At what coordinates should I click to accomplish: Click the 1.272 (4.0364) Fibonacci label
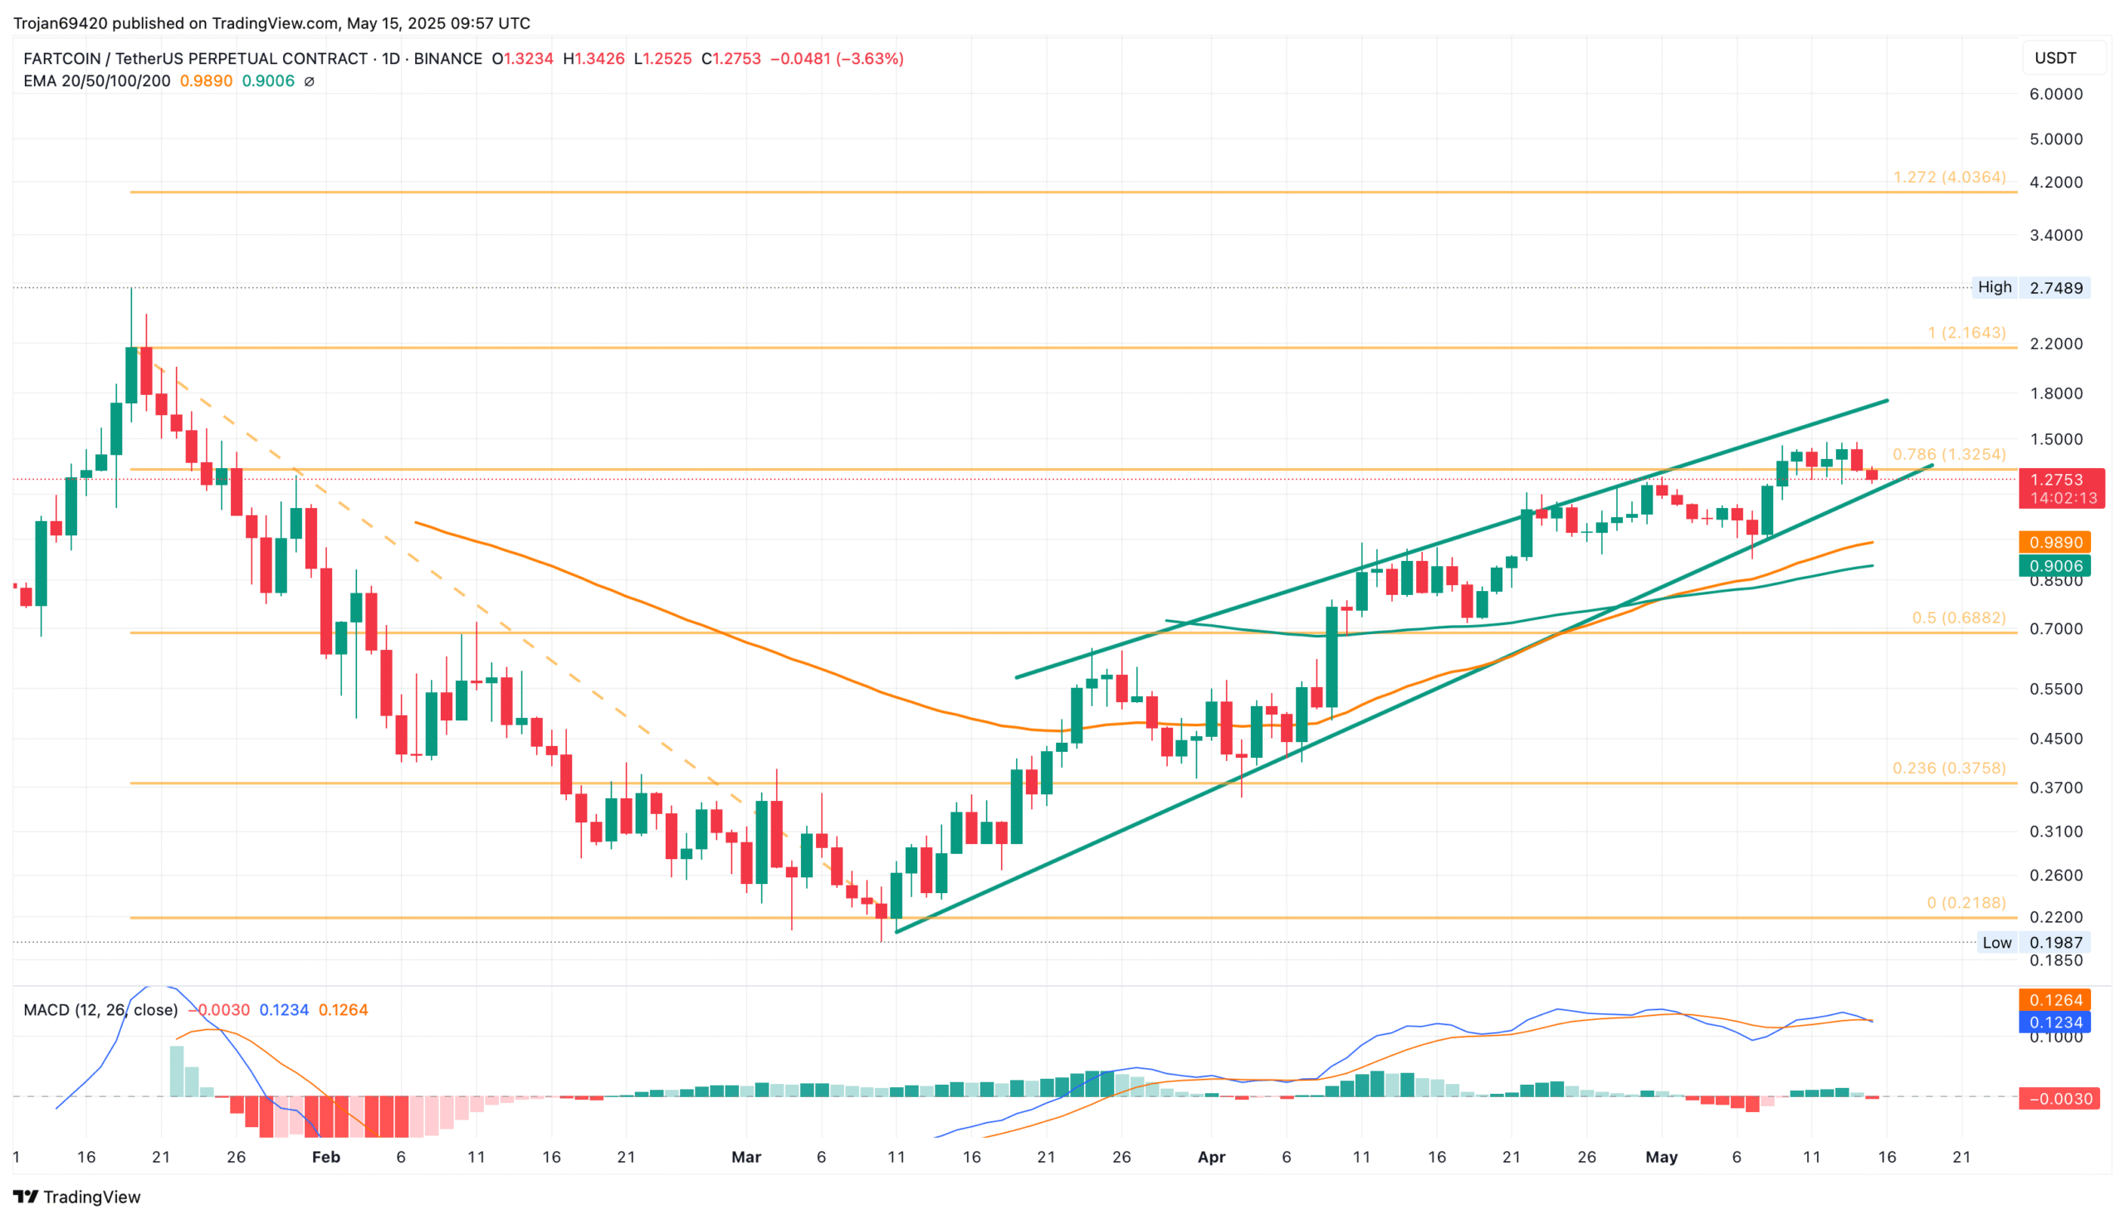pyautogui.click(x=1948, y=178)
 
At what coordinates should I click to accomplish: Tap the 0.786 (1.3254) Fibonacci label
pyautogui.click(x=1948, y=454)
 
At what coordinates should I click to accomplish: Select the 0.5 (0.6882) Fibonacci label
pyautogui.click(x=1958, y=617)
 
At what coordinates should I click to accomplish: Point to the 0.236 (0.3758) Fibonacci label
pyautogui.click(x=1948, y=769)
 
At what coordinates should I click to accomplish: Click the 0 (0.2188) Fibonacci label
pyautogui.click(x=1966, y=902)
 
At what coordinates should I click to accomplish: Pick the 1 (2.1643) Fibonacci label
pyautogui.click(x=1966, y=333)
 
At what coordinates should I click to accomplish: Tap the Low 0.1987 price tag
pyautogui.click(x=2035, y=943)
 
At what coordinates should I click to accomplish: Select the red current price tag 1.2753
pyautogui.click(x=2061, y=481)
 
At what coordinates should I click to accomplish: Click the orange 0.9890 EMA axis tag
pyautogui.click(x=2054, y=542)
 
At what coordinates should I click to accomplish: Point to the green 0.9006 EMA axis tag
pyautogui.click(x=2054, y=565)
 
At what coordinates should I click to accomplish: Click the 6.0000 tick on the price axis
pyautogui.click(x=2055, y=94)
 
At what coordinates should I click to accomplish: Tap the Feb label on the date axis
pyautogui.click(x=326, y=1157)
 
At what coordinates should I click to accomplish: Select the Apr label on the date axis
pyautogui.click(x=1211, y=1157)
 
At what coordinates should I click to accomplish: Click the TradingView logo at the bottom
pyautogui.click(x=77, y=1197)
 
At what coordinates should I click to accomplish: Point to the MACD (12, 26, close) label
pyautogui.click(x=100, y=1010)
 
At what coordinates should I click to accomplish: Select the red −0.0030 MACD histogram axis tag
pyautogui.click(x=2059, y=1099)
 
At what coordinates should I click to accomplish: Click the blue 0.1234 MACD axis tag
pyautogui.click(x=2054, y=1022)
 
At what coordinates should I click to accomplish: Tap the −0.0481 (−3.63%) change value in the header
pyautogui.click(x=836, y=59)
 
